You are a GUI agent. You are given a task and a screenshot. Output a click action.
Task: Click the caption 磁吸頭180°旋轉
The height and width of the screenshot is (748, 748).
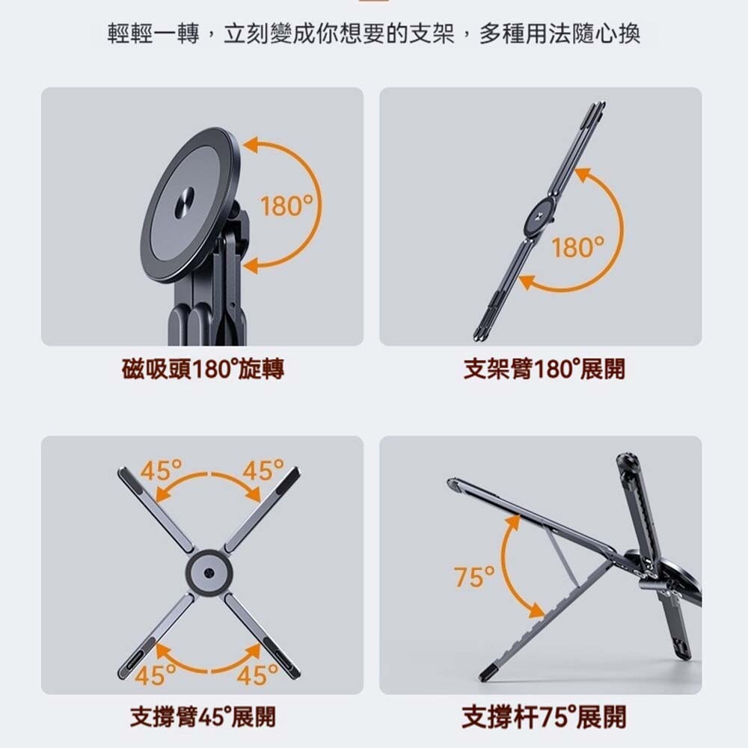[x=203, y=369]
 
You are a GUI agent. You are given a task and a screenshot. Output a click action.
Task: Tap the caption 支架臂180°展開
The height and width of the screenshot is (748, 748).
[x=545, y=369]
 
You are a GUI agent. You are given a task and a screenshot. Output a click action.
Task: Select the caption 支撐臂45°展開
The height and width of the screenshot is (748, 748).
[x=203, y=717]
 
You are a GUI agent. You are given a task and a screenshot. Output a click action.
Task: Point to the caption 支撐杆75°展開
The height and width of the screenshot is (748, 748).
[x=545, y=717]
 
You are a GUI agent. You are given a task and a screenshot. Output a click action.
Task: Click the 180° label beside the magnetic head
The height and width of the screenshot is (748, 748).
[x=287, y=206]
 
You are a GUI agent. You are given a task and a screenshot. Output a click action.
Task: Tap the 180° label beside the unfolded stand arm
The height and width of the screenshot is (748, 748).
[x=577, y=248]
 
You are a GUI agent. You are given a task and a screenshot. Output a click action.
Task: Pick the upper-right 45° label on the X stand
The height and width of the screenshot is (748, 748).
[x=263, y=470]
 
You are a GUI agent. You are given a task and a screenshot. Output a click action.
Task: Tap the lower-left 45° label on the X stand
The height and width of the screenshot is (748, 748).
[x=156, y=675]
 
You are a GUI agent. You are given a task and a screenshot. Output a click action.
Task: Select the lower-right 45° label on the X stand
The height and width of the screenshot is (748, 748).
[x=257, y=675]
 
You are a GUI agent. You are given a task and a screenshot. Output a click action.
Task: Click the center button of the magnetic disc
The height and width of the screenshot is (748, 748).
[x=184, y=203]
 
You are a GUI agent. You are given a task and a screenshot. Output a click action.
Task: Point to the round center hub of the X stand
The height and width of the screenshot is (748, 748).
[x=209, y=571]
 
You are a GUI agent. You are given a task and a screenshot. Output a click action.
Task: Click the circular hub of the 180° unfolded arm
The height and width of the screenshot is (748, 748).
[x=539, y=218]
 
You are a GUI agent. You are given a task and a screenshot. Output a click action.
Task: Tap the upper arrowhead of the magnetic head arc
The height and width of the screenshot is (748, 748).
[x=251, y=145]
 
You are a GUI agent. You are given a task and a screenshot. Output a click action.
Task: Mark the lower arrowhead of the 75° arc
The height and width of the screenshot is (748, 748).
[x=536, y=611]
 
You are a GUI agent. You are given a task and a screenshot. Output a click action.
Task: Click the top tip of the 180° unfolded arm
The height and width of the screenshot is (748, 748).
[x=600, y=104]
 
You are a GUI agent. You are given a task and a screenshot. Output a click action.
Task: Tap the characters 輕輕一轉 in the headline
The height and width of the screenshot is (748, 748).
[x=153, y=34]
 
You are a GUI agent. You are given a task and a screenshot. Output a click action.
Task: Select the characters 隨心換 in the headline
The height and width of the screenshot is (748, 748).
[x=606, y=34]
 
